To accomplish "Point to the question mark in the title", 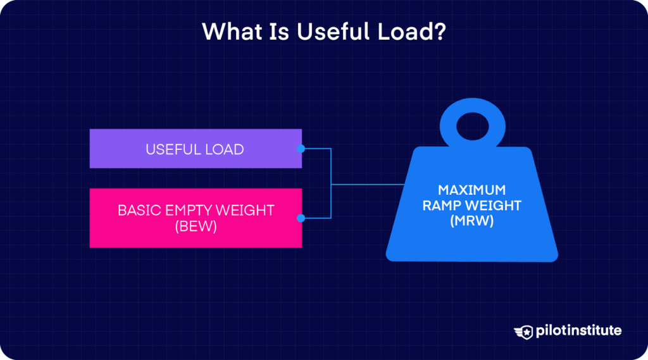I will (x=439, y=32).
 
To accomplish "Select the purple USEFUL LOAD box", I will (x=195, y=149).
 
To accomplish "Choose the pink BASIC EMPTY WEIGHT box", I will (x=195, y=218).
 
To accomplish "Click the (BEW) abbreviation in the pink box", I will (x=195, y=227).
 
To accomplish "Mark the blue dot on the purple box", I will (x=301, y=149).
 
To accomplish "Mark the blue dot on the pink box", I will (x=301, y=218).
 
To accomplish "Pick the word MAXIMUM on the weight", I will (x=472, y=190).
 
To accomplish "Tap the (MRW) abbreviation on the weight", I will (x=472, y=221).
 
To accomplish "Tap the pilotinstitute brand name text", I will (x=578, y=331).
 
